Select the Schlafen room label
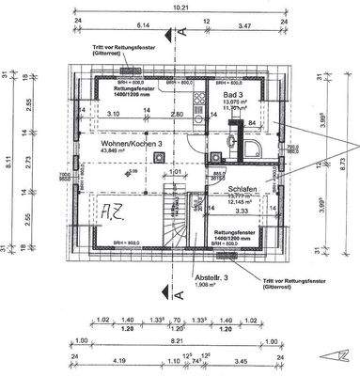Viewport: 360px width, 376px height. [242, 189]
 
